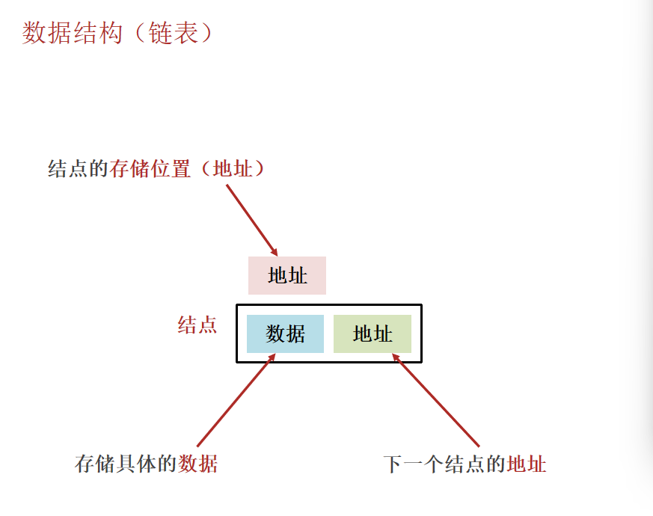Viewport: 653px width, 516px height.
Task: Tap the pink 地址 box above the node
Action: coord(287,275)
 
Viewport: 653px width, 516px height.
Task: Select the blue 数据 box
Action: coord(285,334)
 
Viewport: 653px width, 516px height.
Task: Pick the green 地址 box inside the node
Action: coord(373,334)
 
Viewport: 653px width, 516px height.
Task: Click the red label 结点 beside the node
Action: coord(197,325)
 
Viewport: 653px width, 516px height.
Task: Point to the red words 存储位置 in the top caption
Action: coord(150,169)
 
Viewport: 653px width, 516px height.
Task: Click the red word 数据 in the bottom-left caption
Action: coord(197,464)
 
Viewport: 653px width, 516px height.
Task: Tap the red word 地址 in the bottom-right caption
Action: coord(527,464)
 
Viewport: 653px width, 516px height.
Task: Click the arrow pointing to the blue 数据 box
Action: coord(236,400)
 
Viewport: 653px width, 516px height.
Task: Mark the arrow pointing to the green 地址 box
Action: coord(436,400)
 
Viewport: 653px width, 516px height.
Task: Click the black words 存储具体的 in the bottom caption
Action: coord(126,464)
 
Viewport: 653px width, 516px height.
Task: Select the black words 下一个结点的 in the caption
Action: coord(444,464)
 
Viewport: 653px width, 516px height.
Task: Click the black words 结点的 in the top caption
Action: coord(79,169)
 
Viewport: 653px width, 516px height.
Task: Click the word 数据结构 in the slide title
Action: coord(72,33)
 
